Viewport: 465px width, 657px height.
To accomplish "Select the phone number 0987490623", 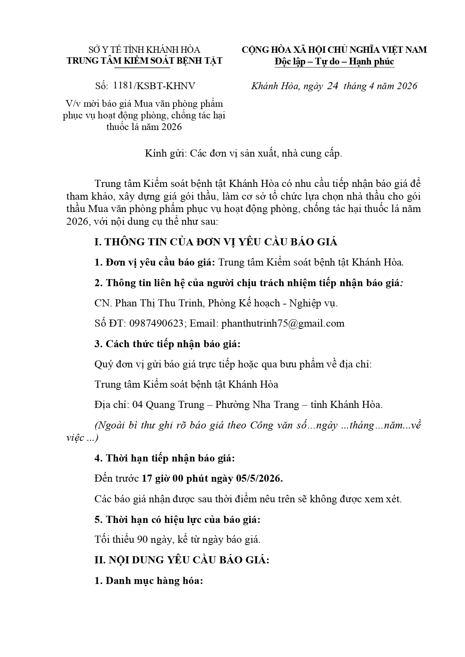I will [157, 324].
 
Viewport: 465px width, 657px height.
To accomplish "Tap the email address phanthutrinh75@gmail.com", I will [283, 324].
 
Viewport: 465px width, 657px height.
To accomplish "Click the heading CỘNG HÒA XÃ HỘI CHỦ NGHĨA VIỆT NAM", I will [334, 50].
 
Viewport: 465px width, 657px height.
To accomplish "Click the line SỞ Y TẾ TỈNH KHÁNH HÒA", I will [144, 50].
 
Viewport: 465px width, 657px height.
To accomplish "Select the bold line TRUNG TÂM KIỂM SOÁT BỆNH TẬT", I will [144, 61].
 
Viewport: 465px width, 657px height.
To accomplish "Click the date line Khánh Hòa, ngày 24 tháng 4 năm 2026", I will [334, 86].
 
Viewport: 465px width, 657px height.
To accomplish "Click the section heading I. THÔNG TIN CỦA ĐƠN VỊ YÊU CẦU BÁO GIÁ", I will [216, 242].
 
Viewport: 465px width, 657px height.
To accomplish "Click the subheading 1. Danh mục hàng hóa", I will [149, 581].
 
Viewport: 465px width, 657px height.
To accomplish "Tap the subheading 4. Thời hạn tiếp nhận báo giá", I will [165, 458].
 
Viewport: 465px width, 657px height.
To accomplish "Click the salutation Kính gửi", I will [166, 153].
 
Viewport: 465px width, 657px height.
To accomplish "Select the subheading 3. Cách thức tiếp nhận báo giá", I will [167, 344].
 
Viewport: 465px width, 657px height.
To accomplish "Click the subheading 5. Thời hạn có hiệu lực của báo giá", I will [178, 520].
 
